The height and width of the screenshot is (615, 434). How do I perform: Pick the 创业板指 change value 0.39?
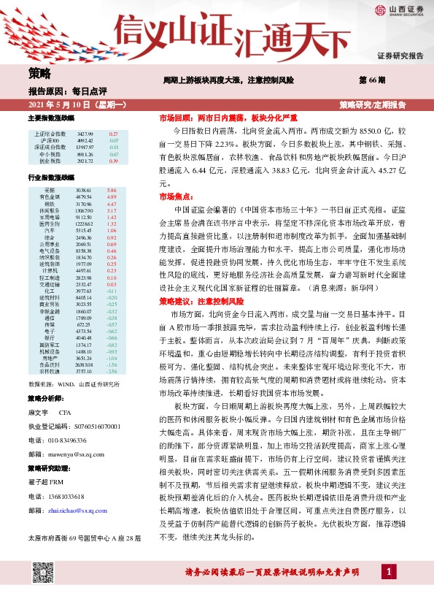[x=112, y=161]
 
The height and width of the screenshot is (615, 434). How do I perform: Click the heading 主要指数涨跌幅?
[x=51, y=118]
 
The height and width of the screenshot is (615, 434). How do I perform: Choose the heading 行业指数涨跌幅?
[x=51, y=177]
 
